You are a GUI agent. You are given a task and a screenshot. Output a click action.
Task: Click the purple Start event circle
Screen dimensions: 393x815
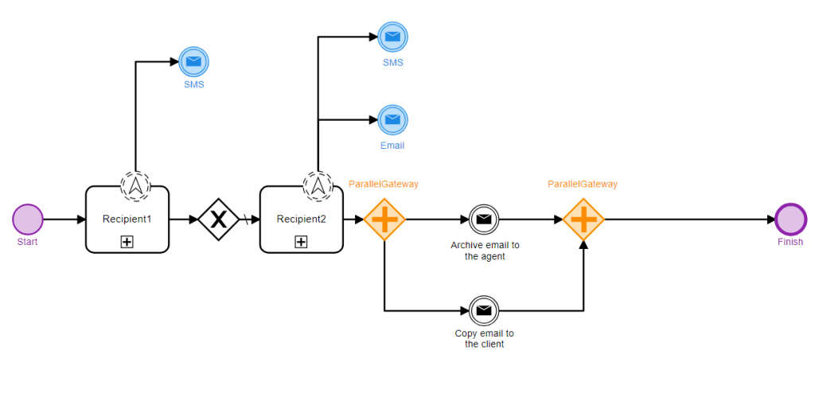pos(28,219)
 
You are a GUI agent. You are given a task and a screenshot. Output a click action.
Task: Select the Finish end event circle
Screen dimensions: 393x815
pos(790,219)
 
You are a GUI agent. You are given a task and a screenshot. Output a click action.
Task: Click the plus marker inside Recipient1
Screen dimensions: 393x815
pos(127,242)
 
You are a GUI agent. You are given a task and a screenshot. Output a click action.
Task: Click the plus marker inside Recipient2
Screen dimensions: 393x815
pos(301,242)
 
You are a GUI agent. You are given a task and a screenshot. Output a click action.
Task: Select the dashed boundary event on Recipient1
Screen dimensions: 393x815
pos(135,185)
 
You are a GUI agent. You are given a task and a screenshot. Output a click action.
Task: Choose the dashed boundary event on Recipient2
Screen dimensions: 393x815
pos(318,185)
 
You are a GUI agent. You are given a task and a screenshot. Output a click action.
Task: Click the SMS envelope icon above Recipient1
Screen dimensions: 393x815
pos(193,61)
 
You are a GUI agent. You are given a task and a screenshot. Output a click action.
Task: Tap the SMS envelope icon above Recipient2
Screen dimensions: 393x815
pos(392,37)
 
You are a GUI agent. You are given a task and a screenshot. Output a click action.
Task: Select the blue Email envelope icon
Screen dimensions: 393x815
pos(392,120)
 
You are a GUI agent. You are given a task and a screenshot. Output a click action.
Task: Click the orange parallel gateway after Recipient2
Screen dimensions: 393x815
pos(384,219)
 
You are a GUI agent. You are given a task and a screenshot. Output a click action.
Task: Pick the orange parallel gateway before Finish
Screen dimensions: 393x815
pos(583,219)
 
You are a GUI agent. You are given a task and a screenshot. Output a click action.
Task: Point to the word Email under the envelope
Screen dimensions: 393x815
pos(392,146)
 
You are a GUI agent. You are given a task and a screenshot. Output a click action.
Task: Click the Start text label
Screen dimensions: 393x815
pos(27,242)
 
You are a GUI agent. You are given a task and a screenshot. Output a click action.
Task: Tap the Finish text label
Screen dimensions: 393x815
pos(790,242)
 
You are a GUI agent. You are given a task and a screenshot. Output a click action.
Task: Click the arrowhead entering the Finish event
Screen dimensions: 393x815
pos(770,219)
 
